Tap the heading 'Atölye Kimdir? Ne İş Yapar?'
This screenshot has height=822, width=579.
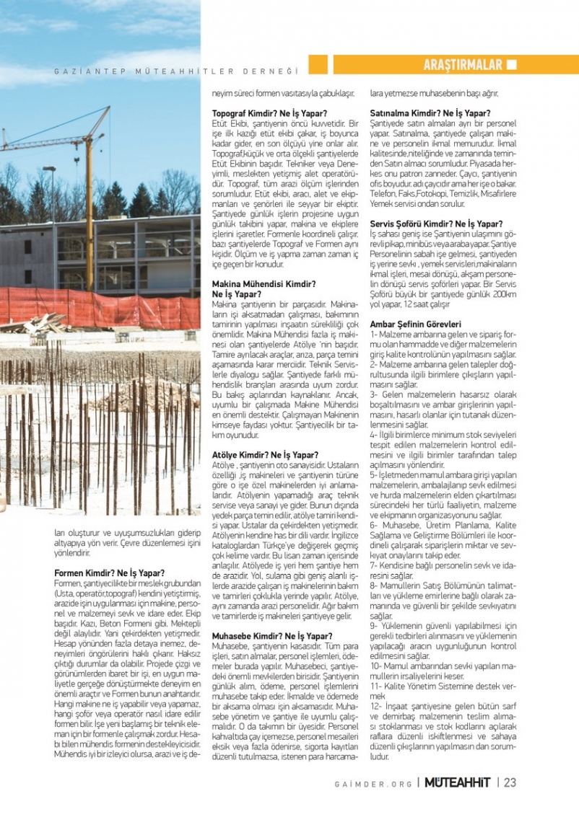[x=265, y=455]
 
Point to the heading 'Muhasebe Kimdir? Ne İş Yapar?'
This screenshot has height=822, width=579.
[x=272, y=636]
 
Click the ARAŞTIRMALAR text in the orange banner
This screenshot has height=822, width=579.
[x=462, y=65]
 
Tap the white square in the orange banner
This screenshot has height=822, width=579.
[x=512, y=65]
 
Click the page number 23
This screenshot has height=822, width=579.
[x=510, y=782]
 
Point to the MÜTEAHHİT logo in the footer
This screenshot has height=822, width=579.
[x=457, y=782]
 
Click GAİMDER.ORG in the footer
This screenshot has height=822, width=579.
[x=374, y=784]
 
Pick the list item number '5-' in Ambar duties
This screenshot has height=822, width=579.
[x=375, y=475]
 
